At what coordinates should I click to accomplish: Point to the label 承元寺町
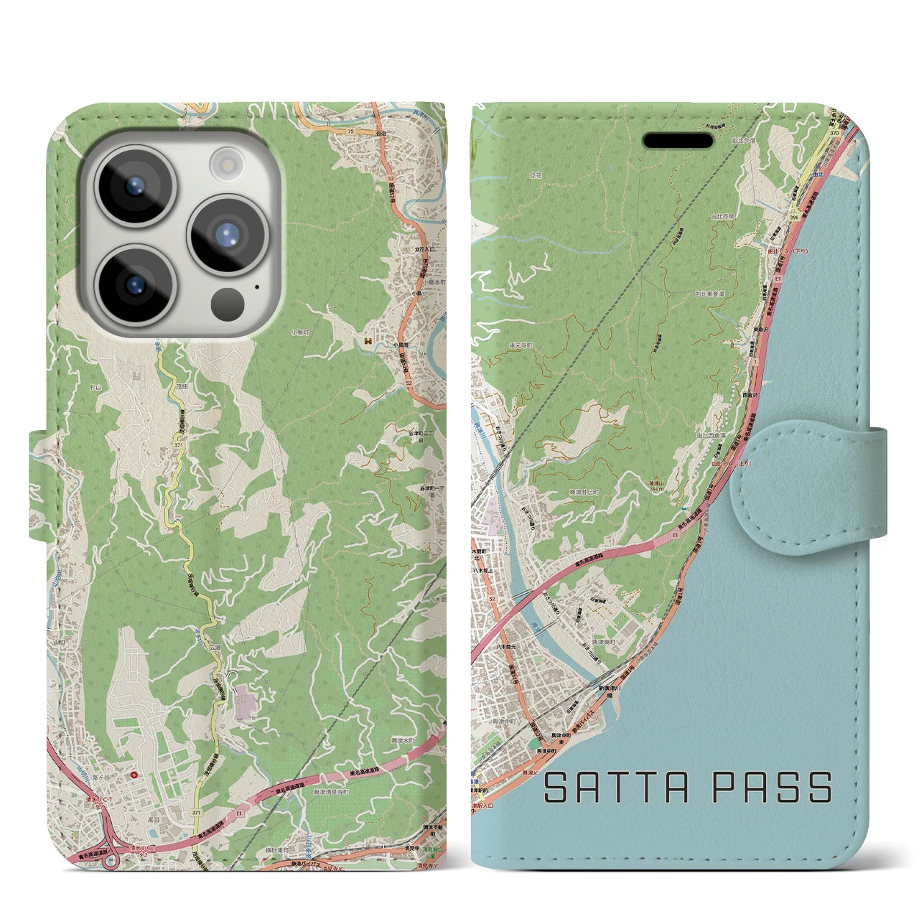pyautogui.click(x=521, y=345)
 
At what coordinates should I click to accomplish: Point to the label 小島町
pyautogui.click(x=300, y=332)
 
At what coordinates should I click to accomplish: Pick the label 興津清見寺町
pyautogui.click(x=331, y=791)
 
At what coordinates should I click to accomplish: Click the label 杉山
pyautogui.click(x=96, y=386)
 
